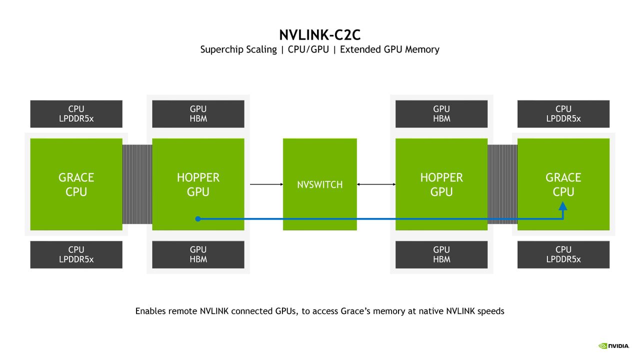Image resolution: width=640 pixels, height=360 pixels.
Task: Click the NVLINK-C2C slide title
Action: pos(319,35)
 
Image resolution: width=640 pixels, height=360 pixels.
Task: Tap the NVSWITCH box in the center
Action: pos(319,184)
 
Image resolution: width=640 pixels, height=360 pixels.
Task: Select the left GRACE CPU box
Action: pos(76,184)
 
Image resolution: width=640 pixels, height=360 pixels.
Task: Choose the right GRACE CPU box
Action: pos(563,184)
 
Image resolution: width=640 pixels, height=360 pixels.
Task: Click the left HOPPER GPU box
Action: pos(198,184)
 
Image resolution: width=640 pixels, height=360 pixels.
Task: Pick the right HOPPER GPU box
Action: pos(441,184)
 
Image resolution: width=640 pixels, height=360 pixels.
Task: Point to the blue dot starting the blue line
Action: pos(198,219)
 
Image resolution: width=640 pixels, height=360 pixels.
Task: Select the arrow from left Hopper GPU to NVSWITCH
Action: pos(266,184)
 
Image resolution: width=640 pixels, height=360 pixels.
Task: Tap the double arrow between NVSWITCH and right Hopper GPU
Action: pos(376,184)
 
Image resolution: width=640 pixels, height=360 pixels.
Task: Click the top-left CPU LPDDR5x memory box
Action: pos(76,113)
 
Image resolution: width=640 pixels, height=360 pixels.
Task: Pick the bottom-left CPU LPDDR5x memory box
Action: pos(76,254)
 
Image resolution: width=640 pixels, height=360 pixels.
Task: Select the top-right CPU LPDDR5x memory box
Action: pos(563,113)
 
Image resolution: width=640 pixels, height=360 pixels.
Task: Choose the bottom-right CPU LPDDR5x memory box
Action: pos(563,254)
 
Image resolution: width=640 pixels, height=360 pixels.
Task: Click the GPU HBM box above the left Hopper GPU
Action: pos(198,113)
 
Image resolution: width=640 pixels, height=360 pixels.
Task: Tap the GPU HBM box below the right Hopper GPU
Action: pos(441,254)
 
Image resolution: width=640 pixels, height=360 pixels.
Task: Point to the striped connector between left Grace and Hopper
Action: pos(137,184)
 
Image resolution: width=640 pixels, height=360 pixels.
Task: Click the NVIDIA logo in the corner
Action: pos(613,346)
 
